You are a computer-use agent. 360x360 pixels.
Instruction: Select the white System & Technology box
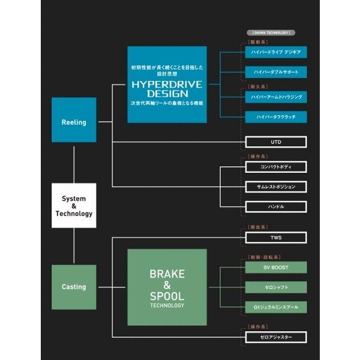pos(74,206)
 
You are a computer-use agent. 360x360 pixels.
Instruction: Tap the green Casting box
pos(74,287)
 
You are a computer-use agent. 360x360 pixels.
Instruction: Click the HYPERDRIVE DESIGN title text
pos(167,89)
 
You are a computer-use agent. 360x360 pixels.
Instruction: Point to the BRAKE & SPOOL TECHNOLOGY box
pos(167,287)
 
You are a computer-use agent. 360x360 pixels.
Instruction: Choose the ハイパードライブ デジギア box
pos(276,52)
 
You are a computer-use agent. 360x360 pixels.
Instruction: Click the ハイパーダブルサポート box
pos(276,72)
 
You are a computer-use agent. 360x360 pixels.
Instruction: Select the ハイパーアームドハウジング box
pos(276,96)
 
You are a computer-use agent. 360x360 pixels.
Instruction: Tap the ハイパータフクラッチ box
pos(276,116)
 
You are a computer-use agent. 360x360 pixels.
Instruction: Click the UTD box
pos(276,142)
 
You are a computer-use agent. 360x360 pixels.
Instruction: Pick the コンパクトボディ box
pos(276,166)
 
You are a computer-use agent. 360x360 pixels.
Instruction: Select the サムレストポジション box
pos(276,187)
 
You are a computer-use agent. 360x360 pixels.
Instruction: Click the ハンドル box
pos(276,207)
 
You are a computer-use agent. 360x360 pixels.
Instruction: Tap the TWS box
pos(276,238)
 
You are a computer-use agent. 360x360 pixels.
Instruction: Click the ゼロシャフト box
pos(276,287)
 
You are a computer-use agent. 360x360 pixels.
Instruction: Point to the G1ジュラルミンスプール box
pos(276,307)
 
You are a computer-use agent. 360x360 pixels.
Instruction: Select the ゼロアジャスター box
pos(276,337)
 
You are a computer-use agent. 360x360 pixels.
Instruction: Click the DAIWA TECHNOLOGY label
pos(268,32)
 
